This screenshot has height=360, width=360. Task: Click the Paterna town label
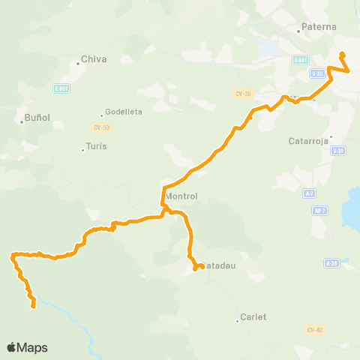click(x=319, y=27)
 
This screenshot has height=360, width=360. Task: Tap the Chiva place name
click(x=94, y=59)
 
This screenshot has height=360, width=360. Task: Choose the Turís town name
click(x=96, y=146)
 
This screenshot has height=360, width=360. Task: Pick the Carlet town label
click(x=253, y=316)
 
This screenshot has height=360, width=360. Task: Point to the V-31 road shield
click(x=337, y=151)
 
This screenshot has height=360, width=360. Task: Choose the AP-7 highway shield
click(x=319, y=211)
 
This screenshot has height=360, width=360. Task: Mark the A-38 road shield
click(x=332, y=263)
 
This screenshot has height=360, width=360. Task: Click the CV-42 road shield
click(x=314, y=330)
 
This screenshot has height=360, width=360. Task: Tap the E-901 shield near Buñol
click(x=61, y=88)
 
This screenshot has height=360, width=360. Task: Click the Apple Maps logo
click(x=27, y=347)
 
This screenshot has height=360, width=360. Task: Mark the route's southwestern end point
click(x=33, y=305)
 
